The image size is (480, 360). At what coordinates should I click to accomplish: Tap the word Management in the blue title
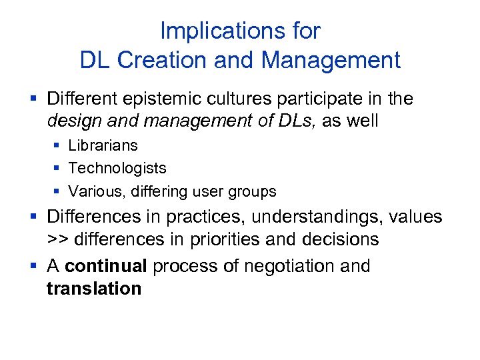(x=331, y=60)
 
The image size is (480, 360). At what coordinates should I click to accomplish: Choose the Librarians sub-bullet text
(x=103, y=145)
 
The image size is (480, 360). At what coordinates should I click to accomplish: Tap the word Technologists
(x=117, y=169)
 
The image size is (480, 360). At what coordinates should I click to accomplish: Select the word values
(x=417, y=217)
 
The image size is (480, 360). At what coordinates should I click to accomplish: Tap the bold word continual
(x=106, y=266)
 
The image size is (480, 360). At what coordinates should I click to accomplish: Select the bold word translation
(x=94, y=289)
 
